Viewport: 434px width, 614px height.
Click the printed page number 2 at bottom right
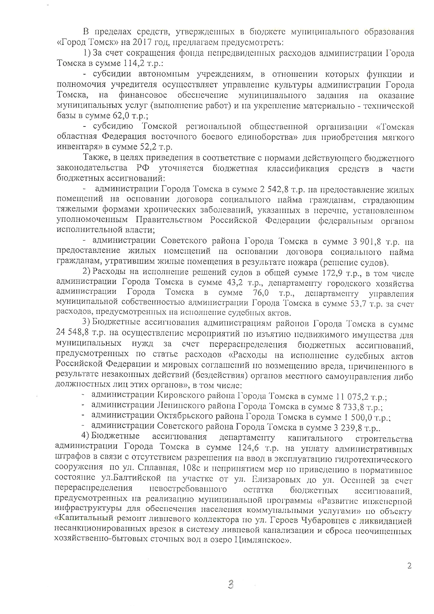(x=409, y=566)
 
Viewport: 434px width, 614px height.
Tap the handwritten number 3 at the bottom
(x=230, y=585)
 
